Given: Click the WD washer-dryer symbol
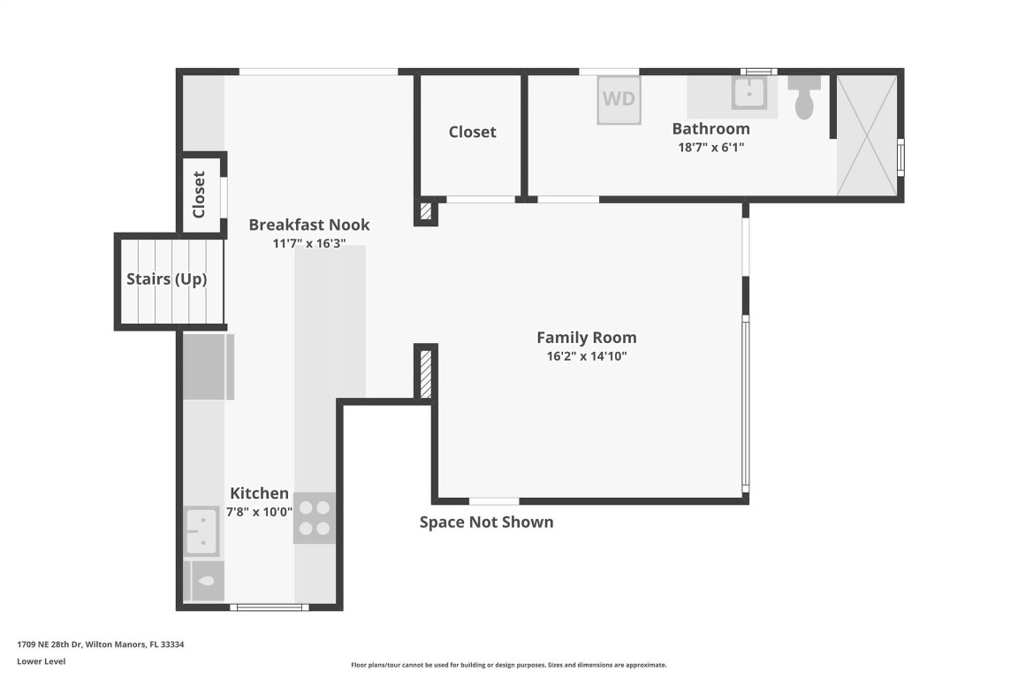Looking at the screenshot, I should click(619, 99).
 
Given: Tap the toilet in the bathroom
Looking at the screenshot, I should click(804, 99).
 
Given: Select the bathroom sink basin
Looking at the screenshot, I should click(750, 91).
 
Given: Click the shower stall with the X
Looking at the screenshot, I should click(866, 134).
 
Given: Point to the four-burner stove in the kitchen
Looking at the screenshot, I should click(314, 518).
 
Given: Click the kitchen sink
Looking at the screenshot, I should click(201, 530).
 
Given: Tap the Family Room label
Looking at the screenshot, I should click(586, 338).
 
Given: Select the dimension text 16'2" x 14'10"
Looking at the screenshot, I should click(586, 357).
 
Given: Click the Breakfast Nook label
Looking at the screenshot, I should click(308, 225).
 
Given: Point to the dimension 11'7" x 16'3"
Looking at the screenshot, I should click(308, 244).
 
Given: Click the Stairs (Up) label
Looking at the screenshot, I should click(167, 279).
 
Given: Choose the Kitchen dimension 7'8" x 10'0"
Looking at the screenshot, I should click(259, 512).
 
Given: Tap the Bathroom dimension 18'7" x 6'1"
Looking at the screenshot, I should click(710, 148).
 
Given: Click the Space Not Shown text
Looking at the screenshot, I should click(486, 522).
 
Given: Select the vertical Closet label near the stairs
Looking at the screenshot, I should click(199, 195).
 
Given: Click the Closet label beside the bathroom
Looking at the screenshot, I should click(472, 132).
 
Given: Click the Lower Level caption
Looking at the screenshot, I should click(41, 661).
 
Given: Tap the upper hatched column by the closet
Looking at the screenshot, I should click(426, 211).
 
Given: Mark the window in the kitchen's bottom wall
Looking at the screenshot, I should click(269, 607).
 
